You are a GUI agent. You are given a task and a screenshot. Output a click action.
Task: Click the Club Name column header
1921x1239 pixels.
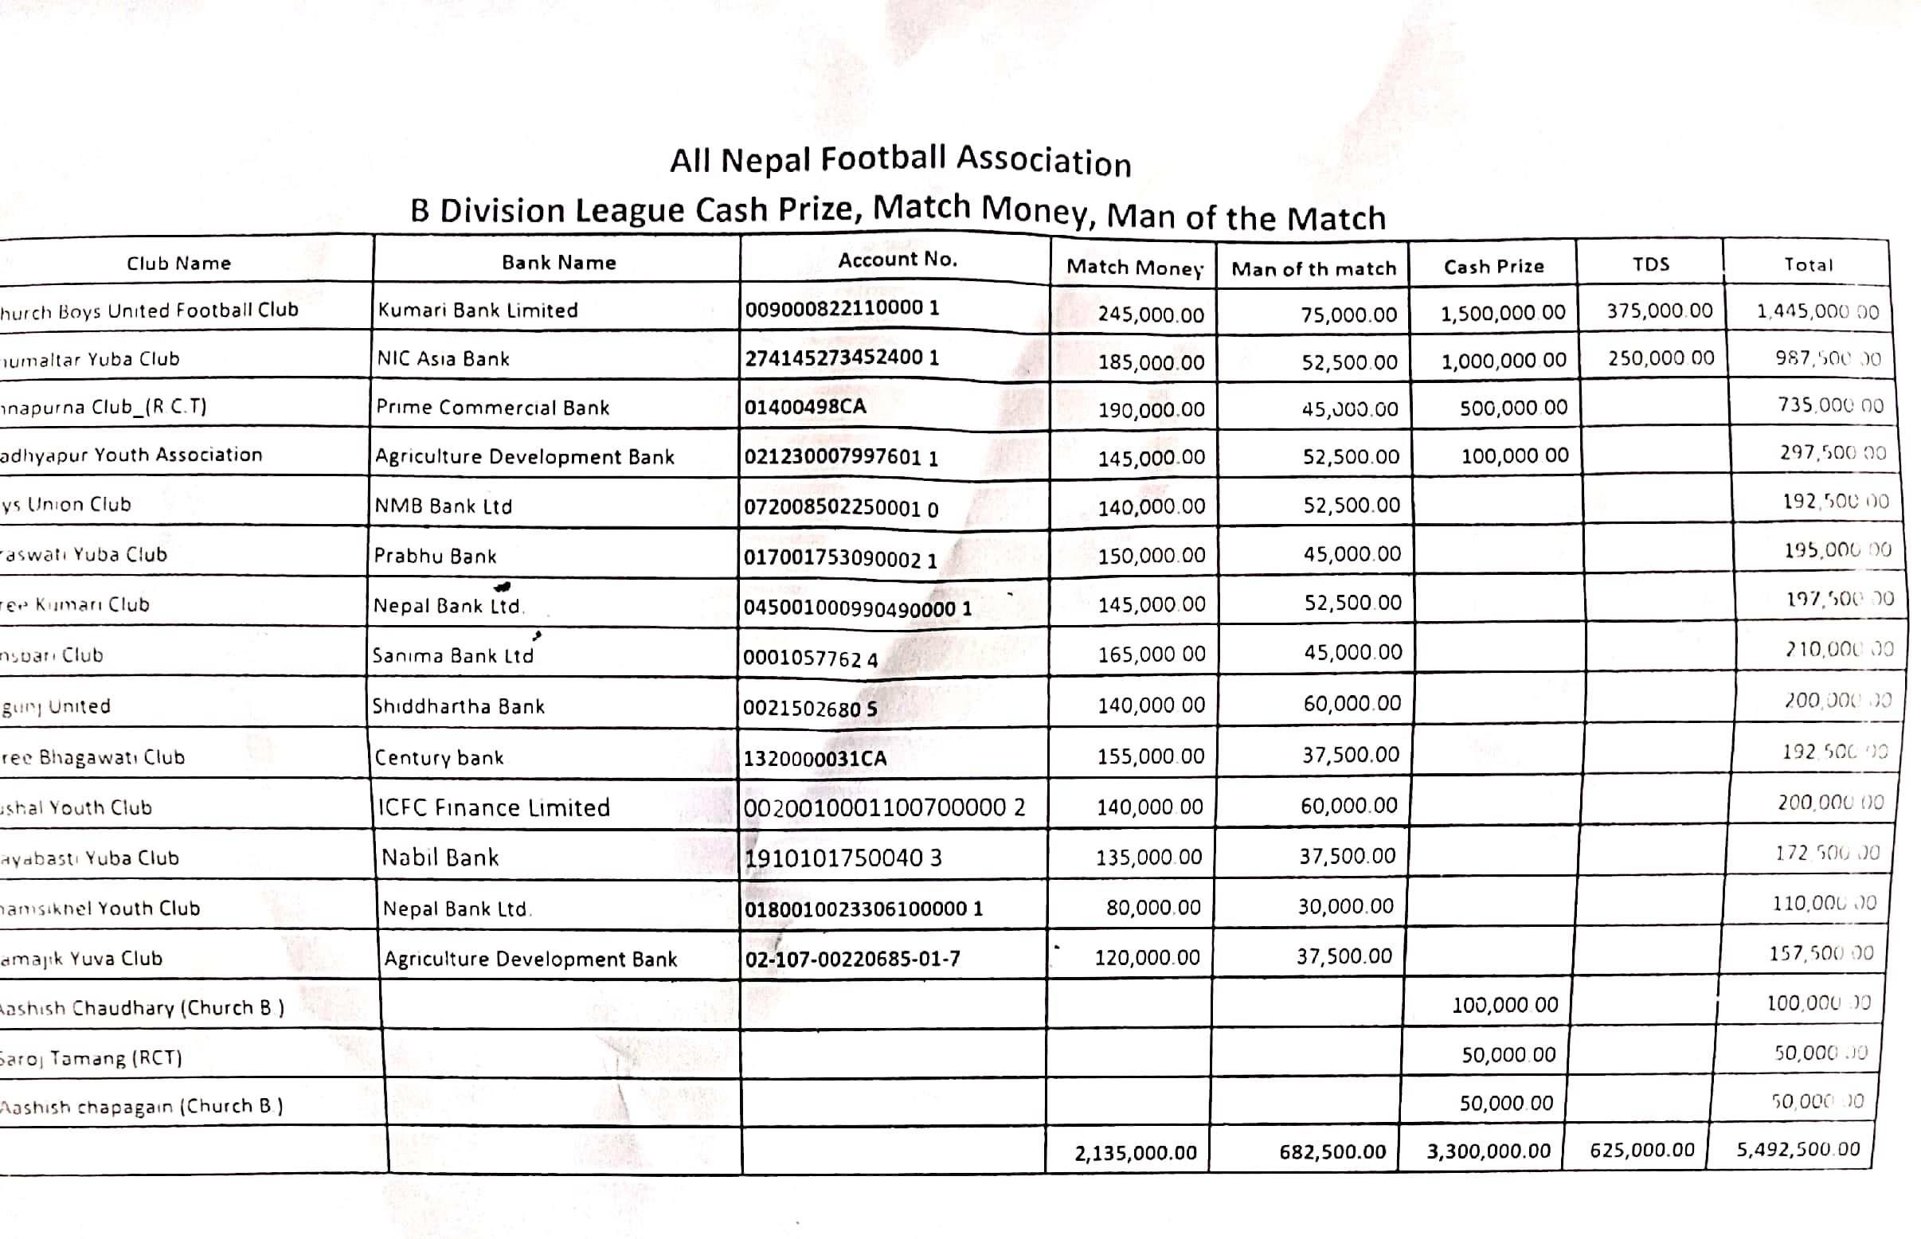coord(178,263)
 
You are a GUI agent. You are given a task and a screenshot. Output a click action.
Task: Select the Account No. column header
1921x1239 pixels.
coord(898,260)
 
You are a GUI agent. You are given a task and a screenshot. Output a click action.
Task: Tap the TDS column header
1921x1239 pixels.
coord(1650,264)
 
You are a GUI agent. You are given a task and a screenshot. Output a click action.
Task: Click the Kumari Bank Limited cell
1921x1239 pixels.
coord(478,311)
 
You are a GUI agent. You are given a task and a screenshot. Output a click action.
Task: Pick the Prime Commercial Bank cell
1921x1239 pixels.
coord(492,408)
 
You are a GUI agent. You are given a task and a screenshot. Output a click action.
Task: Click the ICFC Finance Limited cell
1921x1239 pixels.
coord(494,807)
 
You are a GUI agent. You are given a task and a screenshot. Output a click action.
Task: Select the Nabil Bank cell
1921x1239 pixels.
coord(440,858)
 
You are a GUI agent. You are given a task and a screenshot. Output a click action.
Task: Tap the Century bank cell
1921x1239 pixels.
coord(440,758)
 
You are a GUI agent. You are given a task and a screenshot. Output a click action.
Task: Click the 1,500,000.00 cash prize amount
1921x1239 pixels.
coord(1503,313)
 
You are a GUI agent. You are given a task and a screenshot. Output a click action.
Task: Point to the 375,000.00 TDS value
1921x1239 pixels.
coord(1660,311)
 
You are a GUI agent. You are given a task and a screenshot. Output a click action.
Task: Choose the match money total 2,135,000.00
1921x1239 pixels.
coord(1136,1153)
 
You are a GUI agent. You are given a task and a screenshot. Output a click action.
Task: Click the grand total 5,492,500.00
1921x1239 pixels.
coord(1798,1149)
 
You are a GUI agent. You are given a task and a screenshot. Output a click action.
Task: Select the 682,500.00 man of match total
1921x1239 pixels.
coord(1332,1152)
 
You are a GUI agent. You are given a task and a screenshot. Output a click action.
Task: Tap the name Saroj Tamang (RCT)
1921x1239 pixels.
coord(91,1058)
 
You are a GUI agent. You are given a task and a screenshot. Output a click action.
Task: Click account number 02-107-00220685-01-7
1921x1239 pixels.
coord(852,959)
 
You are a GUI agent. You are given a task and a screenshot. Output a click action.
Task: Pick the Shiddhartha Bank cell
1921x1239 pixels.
coord(458,706)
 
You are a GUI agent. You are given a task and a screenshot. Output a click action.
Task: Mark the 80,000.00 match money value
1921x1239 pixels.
coord(1152,908)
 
